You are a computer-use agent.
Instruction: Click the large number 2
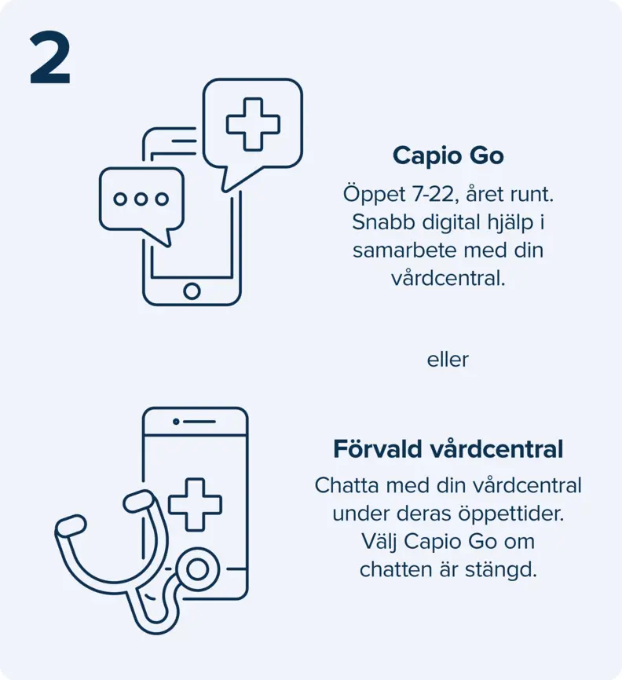(50, 58)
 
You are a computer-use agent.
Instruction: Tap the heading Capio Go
(448, 155)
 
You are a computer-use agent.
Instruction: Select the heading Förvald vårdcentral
(448, 449)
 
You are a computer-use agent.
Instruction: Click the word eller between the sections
(448, 360)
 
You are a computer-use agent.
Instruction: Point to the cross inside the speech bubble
(253, 125)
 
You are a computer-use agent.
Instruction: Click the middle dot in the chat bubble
(141, 199)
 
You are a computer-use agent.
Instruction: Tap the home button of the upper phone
(192, 291)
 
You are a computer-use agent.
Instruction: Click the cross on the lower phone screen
(196, 505)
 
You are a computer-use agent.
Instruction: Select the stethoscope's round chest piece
(198, 569)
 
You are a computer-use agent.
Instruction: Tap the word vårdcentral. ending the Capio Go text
(448, 279)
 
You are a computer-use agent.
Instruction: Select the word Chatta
(346, 485)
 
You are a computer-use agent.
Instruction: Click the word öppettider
(511, 514)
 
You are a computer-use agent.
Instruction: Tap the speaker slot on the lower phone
(199, 421)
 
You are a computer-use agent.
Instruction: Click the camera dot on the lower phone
(176, 421)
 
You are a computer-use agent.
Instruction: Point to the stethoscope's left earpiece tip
(70, 526)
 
